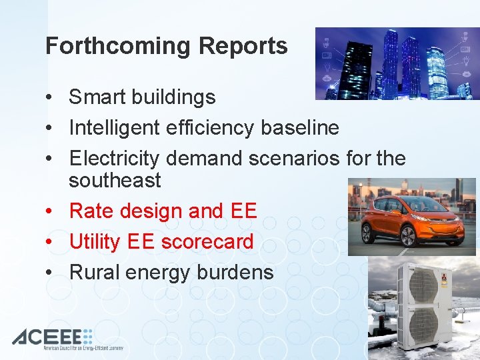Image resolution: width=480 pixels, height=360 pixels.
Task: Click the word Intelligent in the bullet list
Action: click(115, 127)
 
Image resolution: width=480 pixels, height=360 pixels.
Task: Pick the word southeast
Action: click(115, 180)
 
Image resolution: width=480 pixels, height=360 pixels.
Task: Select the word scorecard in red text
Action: click(210, 241)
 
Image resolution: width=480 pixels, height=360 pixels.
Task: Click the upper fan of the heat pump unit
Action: click(423, 285)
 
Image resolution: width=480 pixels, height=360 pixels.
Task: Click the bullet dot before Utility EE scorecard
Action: click(50, 242)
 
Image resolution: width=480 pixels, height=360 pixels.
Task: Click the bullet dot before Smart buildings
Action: click(50, 98)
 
